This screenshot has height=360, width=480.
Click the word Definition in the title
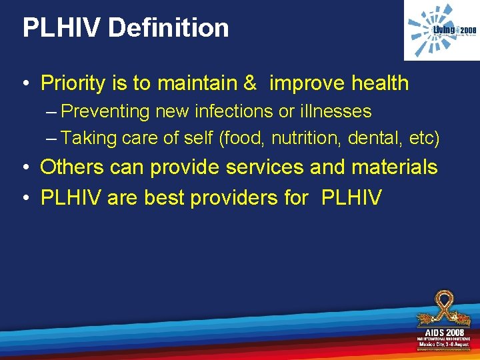pos(169,27)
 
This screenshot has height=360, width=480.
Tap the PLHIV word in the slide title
pos(61,27)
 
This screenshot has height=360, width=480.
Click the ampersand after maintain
pos(250,83)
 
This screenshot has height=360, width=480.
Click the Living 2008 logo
pos(442,31)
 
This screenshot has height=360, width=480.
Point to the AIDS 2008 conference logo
pos(443,320)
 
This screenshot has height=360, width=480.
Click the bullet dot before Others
pos(25,168)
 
